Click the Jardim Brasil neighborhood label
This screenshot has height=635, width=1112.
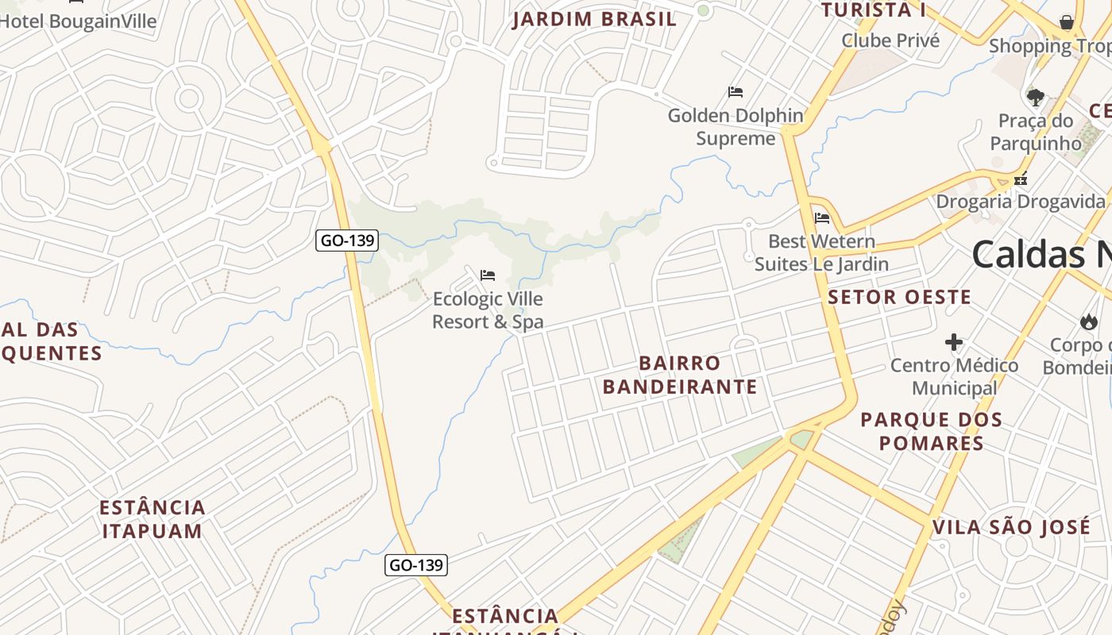tap(594, 19)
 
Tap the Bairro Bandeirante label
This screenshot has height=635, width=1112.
tap(680, 375)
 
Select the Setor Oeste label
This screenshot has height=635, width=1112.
tap(899, 298)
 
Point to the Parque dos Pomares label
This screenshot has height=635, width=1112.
tap(931, 431)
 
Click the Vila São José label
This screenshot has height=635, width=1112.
tap(1011, 527)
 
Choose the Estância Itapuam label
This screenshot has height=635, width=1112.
tap(153, 519)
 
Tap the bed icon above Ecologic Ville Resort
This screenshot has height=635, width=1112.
tap(488, 275)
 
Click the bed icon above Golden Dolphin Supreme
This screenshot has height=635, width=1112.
tap(736, 92)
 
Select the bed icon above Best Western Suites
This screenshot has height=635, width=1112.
tap(822, 217)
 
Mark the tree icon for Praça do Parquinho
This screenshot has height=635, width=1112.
tap(1035, 98)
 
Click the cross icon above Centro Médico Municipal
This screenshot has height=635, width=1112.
tap(954, 342)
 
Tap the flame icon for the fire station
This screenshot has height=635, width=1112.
tap(1087, 321)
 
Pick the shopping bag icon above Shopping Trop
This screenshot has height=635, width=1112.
tap(1067, 22)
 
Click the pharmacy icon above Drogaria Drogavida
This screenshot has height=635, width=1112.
tap(1021, 179)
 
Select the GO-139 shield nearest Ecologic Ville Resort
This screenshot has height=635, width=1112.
tap(346, 241)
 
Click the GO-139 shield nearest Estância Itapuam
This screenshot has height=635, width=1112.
tap(416, 565)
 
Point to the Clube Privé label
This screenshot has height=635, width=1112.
tap(890, 40)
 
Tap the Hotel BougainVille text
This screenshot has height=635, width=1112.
tap(79, 21)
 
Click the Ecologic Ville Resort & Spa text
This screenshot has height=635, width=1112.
tap(488, 310)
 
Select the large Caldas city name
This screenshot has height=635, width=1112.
tap(1041, 255)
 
